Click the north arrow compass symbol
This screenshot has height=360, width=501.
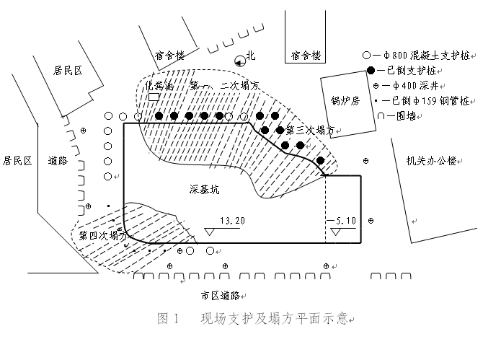(x=239, y=62)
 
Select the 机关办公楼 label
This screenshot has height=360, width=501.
(x=431, y=160)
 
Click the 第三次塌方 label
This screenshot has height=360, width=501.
(x=311, y=131)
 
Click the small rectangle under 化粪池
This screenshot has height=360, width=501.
(x=153, y=97)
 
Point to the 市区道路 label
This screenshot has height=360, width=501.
(x=221, y=294)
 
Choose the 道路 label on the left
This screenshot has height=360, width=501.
(x=57, y=160)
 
